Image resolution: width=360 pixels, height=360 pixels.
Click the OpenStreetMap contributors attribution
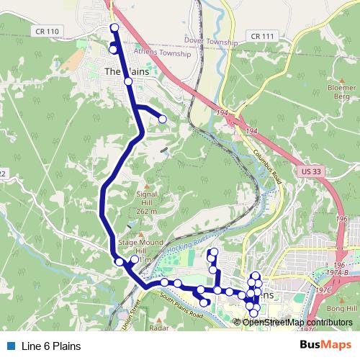(x=297, y=322)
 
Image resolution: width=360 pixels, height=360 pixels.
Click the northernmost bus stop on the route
(x=114, y=27)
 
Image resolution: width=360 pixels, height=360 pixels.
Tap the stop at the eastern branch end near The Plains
(x=163, y=119)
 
